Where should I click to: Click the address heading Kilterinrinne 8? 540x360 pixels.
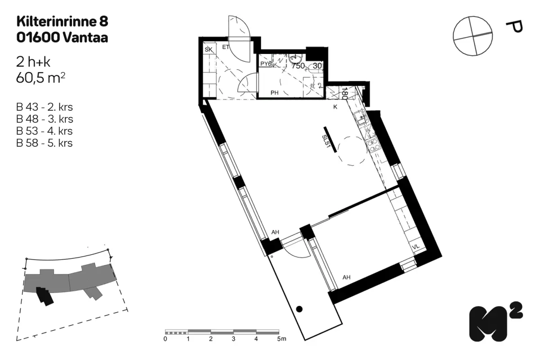click(x=62, y=22)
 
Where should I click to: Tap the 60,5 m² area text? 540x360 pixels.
click(x=40, y=78)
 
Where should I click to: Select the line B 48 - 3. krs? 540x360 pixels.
click(x=45, y=119)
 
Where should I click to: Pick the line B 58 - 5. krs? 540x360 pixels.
click(x=45, y=143)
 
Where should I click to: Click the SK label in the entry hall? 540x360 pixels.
click(x=208, y=49)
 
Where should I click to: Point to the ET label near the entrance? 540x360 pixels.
click(x=225, y=47)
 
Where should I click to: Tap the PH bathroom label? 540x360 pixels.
click(x=274, y=93)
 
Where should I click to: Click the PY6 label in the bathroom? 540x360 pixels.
click(x=266, y=64)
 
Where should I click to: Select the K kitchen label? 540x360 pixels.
click(x=335, y=107)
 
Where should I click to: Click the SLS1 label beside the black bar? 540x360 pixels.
click(x=325, y=142)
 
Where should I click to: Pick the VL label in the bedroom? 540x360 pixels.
click(x=416, y=247)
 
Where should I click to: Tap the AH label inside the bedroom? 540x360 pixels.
click(x=346, y=277)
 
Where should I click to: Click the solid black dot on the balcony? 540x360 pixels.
click(x=299, y=309)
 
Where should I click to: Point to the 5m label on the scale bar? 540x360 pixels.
click(x=282, y=339)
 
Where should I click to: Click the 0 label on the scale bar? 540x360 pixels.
click(x=165, y=339)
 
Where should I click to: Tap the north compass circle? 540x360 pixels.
click(x=473, y=36)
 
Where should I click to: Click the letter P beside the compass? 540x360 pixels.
click(x=515, y=27)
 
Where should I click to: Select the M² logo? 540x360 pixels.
click(x=496, y=322)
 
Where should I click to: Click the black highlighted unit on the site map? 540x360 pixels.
click(x=45, y=296)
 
